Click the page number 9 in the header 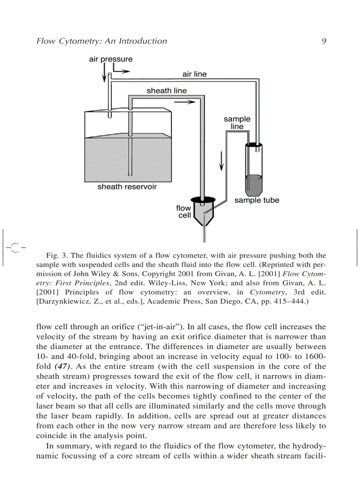(x=324, y=41)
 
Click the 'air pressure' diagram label (x=111, y=59)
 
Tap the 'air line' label (x=194, y=74)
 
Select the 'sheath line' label (x=166, y=91)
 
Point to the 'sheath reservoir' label (x=127, y=187)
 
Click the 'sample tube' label (x=256, y=201)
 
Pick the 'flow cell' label (x=184, y=212)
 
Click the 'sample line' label (x=237, y=123)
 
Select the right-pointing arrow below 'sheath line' (x=184, y=102)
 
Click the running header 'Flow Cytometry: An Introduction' (x=102, y=41)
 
